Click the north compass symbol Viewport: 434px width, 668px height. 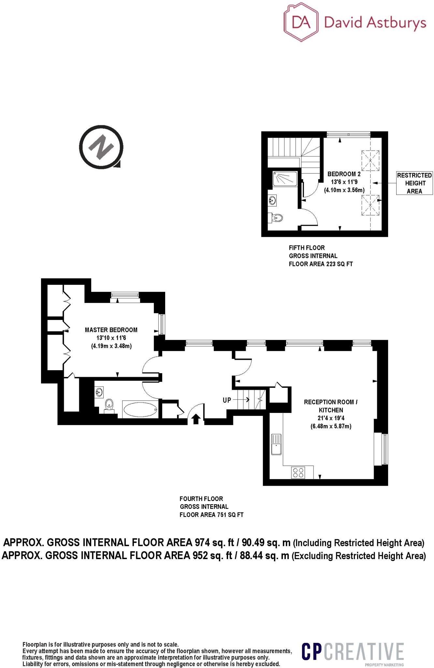tap(101, 147)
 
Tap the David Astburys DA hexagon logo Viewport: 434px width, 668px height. tap(301, 23)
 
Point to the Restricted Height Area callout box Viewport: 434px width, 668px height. tap(414, 183)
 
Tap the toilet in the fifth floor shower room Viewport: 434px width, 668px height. tap(277, 218)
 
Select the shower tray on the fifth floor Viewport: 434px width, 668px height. tap(285, 179)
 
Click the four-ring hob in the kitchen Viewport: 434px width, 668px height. tap(298, 473)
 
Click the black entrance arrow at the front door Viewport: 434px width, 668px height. tap(195, 418)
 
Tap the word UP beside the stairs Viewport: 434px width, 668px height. tap(227, 400)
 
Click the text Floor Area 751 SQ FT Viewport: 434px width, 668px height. tap(211, 515)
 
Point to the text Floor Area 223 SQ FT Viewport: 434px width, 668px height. tap(321, 264)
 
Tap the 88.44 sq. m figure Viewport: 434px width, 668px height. tap(264, 555)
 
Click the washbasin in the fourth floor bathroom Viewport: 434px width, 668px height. tap(99, 392)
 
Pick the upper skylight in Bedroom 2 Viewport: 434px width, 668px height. tap(370, 160)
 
